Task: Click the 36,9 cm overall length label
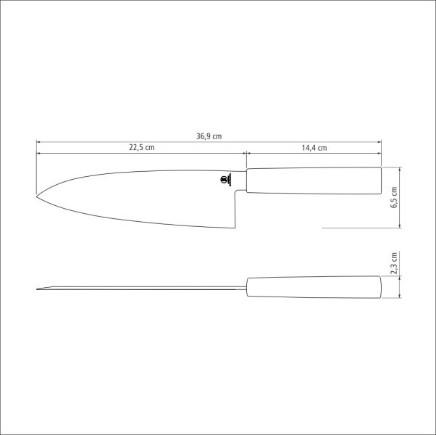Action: click(209, 136)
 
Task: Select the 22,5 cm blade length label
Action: click(142, 148)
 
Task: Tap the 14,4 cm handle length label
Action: click(314, 148)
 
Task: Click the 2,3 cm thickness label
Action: click(394, 264)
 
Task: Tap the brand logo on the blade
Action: click(223, 180)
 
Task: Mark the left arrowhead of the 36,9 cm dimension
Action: click(39, 142)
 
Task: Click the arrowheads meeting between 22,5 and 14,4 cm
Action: click(246, 153)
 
